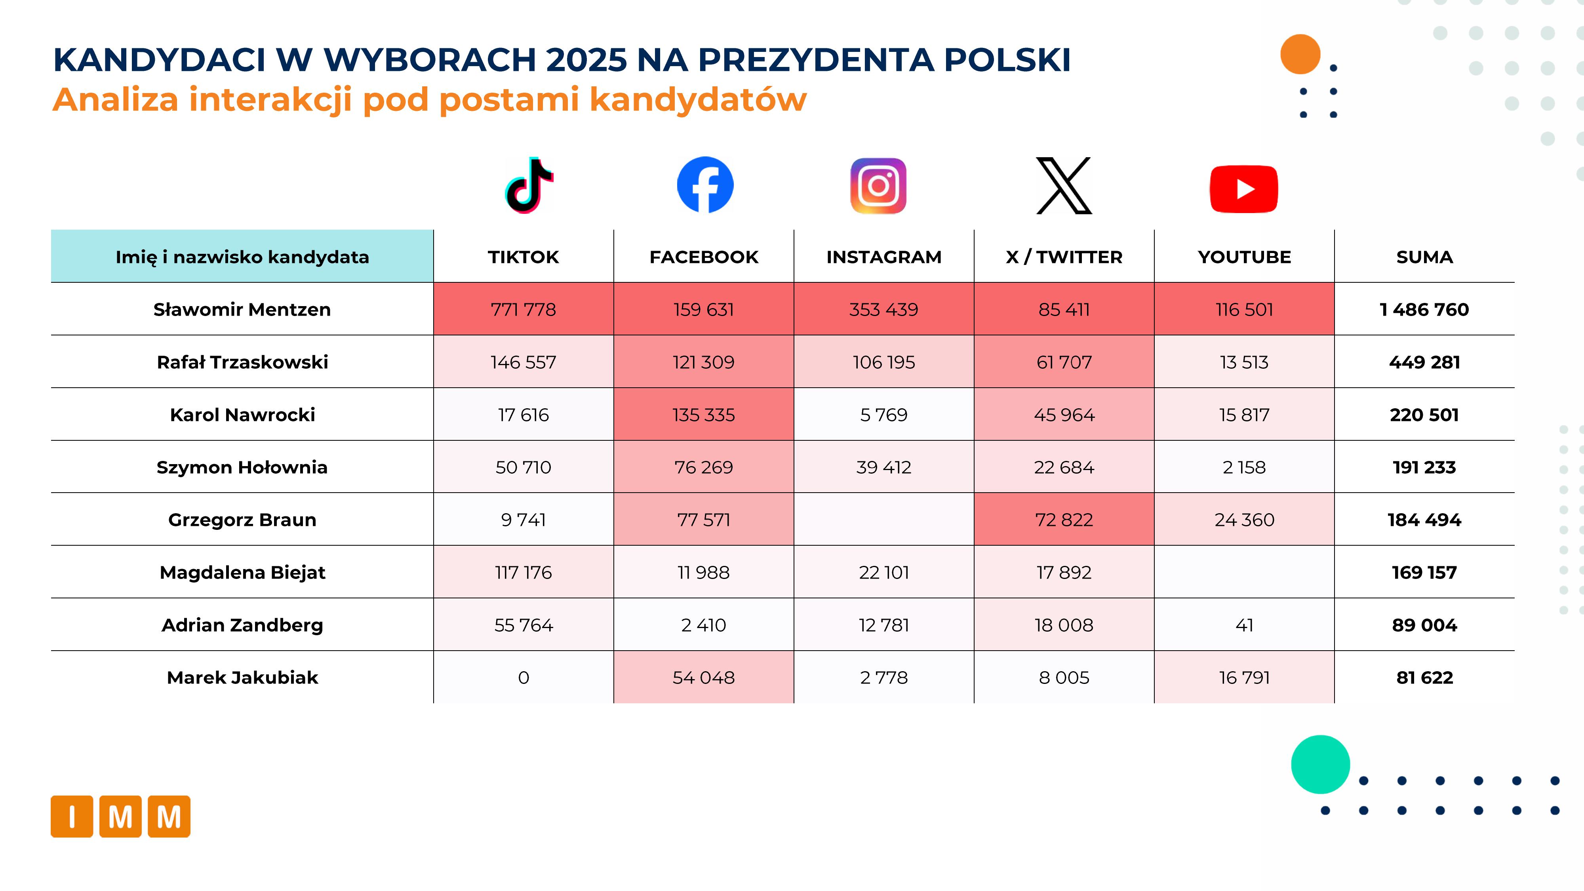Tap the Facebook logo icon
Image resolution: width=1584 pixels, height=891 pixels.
point(705,185)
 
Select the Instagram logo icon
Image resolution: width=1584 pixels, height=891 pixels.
point(878,186)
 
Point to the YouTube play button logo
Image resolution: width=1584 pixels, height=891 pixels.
point(1243,189)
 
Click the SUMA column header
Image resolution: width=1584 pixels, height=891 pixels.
point(1424,257)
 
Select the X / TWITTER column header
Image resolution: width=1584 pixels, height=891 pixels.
point(1064,257)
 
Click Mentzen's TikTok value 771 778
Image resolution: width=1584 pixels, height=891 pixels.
point(523,309)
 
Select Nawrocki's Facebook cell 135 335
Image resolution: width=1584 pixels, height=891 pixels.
point(703,415)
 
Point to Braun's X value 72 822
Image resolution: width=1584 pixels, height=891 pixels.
point(1064,520)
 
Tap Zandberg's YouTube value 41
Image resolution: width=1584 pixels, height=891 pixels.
point(1244,625)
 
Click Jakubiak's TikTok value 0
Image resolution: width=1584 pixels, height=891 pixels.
point(523,678)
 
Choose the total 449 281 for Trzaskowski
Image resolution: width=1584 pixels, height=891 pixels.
point(1424,362)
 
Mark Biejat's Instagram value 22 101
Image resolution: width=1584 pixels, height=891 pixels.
point(883,573)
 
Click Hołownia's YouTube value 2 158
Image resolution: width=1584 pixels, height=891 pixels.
point(1244,467)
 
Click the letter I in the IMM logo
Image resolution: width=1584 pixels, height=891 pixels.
point(72,817)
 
